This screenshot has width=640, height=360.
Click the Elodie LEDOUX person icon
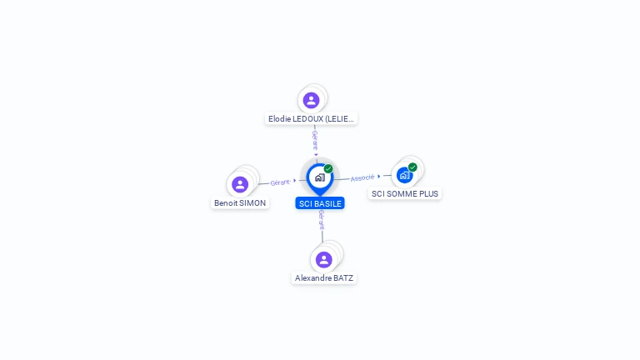click(x=311, y=100)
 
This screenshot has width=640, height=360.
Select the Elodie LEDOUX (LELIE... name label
click(x=311, y=119)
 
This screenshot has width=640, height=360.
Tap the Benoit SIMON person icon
click(x=240, y=184)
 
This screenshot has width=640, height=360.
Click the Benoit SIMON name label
click(x=240, y=202)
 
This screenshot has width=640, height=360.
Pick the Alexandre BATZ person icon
click(x=324, y=259)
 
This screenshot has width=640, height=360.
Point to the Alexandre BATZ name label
click(x=324, y=277)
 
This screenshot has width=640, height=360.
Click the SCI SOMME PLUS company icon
click(x=404, y=175)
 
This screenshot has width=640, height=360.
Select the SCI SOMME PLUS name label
click(x=405, y=193)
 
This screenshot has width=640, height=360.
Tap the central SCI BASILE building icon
click(x=319, y=177)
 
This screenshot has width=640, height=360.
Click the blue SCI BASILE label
click(x=320, y=203)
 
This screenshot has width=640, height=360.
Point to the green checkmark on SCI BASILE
click(x=328, y=168)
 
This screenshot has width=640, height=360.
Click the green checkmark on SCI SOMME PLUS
click(x=412, y=167)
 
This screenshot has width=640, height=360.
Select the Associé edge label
click(x=362, y=177)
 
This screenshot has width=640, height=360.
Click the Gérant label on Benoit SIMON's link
click(x=280, y=182)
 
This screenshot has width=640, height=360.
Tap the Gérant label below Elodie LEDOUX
click(x=315, y=139)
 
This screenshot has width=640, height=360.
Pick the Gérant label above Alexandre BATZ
click(x=322, y=219)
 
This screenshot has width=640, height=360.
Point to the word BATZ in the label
click(x=342, y=277)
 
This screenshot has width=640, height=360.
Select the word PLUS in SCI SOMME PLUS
click(x=427, y=193)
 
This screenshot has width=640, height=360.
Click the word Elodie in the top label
click(x=279, y=119)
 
